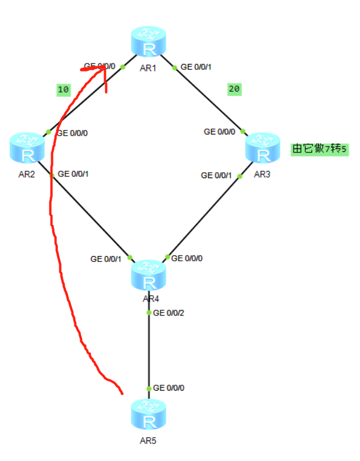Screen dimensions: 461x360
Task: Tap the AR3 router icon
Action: (262, 148)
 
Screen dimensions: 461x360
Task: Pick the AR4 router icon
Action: (149, 276)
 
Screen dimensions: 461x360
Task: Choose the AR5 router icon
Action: (149, 414)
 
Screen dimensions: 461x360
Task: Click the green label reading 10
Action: (63, 90)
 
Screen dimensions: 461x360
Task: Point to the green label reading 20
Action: (234, 89)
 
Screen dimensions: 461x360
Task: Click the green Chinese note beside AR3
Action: (319, 149)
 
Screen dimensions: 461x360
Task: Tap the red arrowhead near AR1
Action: (105, 69)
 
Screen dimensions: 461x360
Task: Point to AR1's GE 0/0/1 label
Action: (196, 67)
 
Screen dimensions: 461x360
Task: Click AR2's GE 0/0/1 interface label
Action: (73, 173)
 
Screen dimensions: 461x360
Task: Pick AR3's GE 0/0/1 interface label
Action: (216, 175)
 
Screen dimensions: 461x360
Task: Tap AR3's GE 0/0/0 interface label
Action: (219, 132)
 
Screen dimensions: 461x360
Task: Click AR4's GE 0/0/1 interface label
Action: (106, 258)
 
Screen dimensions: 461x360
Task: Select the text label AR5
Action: (148, 441)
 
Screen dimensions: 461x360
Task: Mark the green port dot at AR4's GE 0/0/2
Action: (149, 313)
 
